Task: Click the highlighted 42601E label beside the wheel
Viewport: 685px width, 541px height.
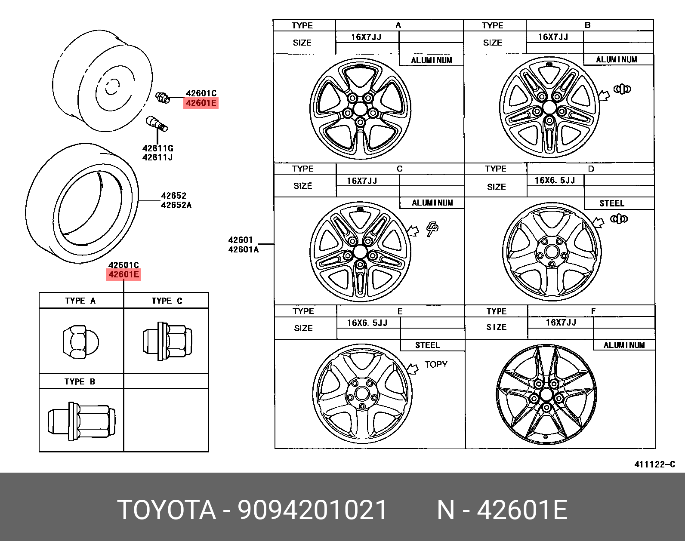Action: point(201,103)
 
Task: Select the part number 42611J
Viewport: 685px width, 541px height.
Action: point(157,157)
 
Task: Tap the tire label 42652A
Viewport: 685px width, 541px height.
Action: point(176,205)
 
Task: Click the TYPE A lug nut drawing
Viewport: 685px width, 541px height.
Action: point(80,342)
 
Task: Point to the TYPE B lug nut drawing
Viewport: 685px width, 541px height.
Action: point(80,421)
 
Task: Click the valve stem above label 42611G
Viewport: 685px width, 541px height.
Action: point(157,123)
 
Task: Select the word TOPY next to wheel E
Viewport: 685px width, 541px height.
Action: point(435,365)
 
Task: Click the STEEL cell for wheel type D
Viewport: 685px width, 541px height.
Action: point(611,203)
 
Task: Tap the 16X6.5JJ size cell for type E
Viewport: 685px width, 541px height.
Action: point(367,323)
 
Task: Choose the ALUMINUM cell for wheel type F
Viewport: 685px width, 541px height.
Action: point(624,345)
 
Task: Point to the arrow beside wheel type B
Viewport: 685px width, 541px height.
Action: point(605,95)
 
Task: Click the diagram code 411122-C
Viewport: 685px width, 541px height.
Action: point(654,464)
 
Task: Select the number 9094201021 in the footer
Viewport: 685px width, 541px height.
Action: point(313,510)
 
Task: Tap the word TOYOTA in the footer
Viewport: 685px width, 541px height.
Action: point(167,510)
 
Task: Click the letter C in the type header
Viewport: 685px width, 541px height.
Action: point(399,169)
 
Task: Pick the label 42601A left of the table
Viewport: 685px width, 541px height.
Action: point(243,249)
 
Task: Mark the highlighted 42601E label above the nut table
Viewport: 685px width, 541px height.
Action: point(123,274)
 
